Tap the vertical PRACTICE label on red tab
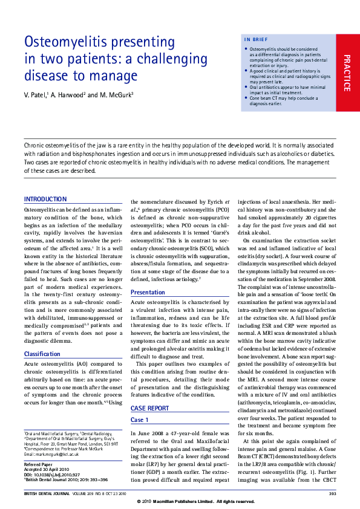pyautogui.click(x=347, y=73)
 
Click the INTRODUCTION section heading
pyautogui.click(x=45, y=199)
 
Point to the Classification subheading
pyautogui.click(x=42, y=354)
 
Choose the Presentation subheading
pyautogui.click(x=148, y=292)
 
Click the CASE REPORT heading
pyautogui.click(x=149, y=408)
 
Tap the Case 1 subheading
pyautogui.click(x=139, y=420)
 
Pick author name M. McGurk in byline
pyautogui.click(x=115, y=96)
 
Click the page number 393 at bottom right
pyautogui.click(x=332, y=494)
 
